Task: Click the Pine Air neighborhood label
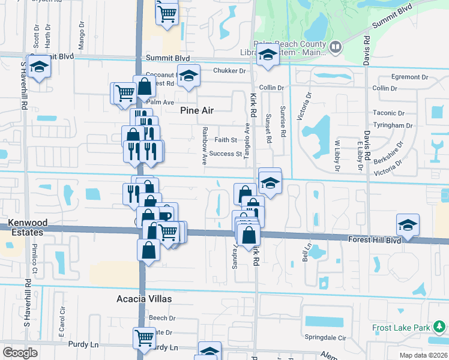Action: click(197, 110)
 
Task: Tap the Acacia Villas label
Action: click(144, 298)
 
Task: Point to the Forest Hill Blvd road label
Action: click(375, 239)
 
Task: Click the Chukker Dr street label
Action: click(229, 71)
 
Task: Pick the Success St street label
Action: click(225, 154)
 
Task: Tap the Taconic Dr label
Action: click(388, 113)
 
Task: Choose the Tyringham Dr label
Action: click(392, 125)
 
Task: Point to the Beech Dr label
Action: click(162, 318)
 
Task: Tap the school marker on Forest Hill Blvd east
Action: click(408, 225)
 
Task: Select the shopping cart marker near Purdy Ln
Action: click(144, 337)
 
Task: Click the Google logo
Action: click(20, 353)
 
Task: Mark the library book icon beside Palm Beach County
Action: click(336, 46)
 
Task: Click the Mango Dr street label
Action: click(82, 34)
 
